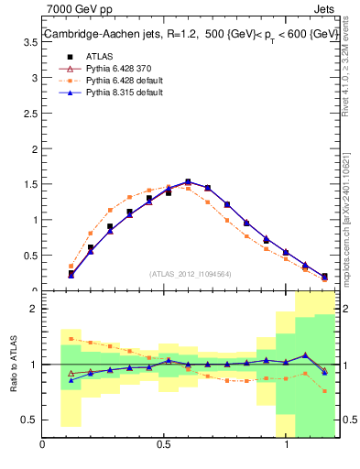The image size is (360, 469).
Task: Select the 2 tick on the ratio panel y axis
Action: click(33, 309)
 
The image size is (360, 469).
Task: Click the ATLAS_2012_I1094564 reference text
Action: click(191, 273)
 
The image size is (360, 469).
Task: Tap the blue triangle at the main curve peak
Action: click(188, 182)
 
